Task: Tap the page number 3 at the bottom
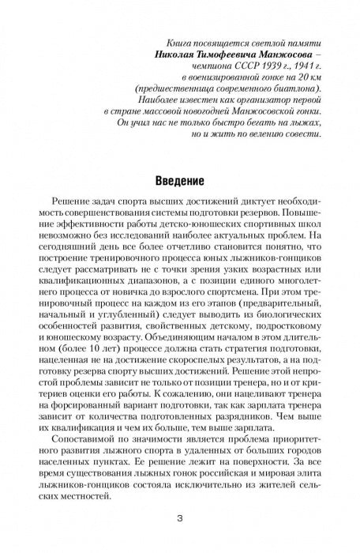[180, 520]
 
